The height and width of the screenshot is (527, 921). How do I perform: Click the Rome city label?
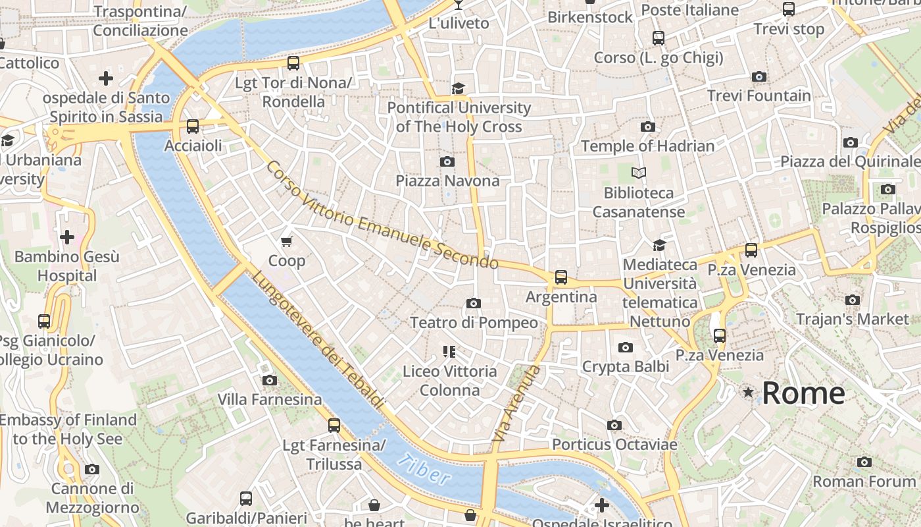803,393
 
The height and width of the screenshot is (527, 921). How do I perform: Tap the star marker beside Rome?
748,393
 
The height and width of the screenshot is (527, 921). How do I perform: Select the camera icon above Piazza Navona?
447,161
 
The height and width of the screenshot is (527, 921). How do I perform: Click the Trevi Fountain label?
759,96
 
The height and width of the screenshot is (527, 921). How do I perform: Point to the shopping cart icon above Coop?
286,242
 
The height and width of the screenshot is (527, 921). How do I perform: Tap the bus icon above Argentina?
561,277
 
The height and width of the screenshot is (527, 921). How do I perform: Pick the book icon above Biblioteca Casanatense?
639,173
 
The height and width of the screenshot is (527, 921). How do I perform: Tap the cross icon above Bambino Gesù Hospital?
67,237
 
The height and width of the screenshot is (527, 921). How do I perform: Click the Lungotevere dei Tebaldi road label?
318,341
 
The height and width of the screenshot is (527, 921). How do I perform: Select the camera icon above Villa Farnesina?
270,380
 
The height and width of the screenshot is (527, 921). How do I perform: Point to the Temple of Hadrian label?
648,146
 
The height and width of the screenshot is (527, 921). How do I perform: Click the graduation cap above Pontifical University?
459,88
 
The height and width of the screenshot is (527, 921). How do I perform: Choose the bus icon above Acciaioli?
193,126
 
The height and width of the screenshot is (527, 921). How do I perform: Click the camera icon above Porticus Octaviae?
614,426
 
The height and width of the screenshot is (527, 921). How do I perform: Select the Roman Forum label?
864,482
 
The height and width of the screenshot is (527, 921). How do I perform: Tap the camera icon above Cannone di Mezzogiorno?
92,470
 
